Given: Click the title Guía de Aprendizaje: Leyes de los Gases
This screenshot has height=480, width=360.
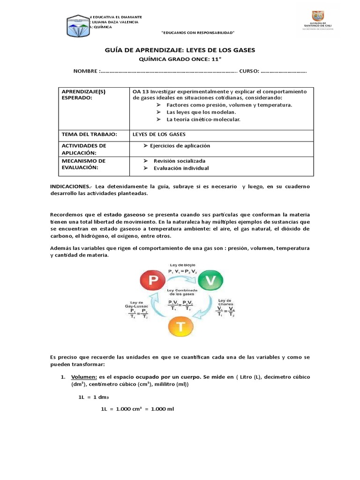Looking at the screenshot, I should point(180,50).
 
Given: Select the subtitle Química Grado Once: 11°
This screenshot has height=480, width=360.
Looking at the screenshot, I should point(180,60).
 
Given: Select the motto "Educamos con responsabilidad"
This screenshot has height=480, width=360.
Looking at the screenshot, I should point(197,32).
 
